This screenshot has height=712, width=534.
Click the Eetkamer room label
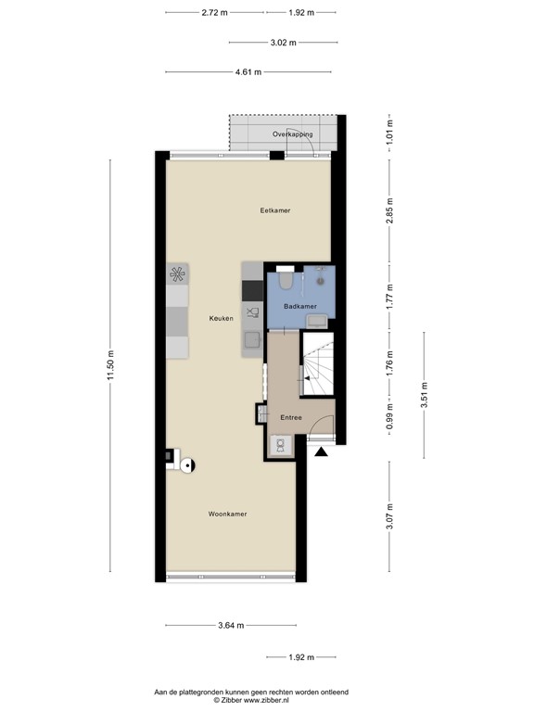[x=275, y=210]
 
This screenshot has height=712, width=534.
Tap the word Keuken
[x=222, y=318]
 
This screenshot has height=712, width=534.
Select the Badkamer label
[x=300, y=306]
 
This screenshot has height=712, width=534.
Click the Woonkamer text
[x=227, y=514]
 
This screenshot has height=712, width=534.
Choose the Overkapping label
[x=292, y=134]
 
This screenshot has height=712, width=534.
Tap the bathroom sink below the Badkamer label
[x=316, y=321]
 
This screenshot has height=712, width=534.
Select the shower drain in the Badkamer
[x=319, y=276]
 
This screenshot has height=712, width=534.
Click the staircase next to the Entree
[x=317, y=365]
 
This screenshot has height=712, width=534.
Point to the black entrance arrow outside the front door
[x=321, y=452]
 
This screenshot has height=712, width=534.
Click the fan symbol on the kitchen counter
[x=177, y=273]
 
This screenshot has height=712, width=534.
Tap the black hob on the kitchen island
[x=252, y=291]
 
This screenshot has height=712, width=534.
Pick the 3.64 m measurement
[x=231, y=626]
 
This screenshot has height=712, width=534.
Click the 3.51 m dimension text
[x=424, y=396]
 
